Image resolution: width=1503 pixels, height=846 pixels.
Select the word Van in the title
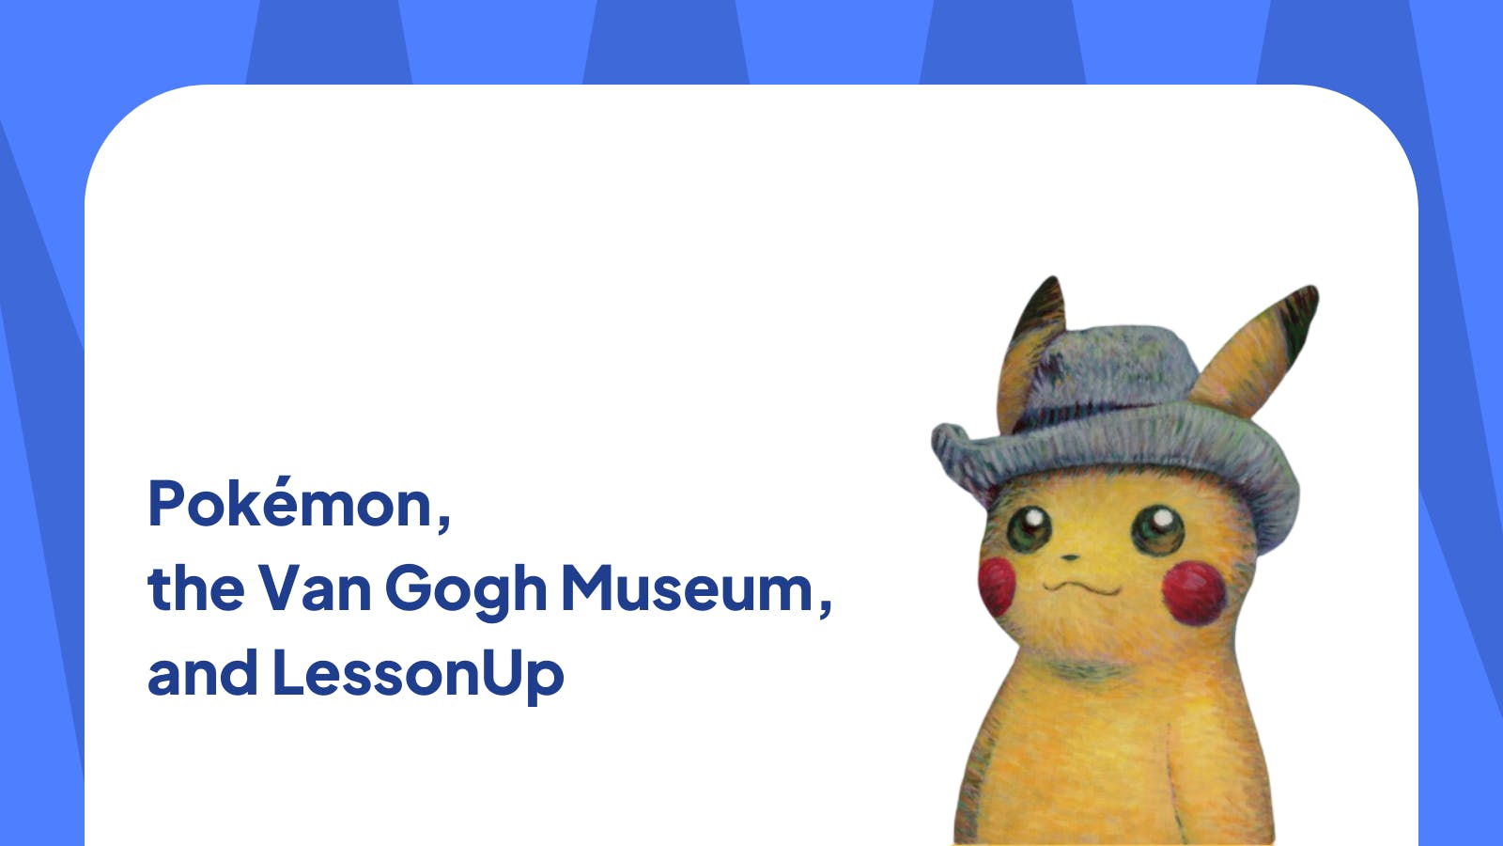point(314,588)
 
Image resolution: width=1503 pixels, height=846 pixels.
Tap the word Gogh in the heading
point(465,590)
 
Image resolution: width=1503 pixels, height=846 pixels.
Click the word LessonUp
point(418,675)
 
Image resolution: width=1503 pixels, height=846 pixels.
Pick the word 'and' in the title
point(202,673)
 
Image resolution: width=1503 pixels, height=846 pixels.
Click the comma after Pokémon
point(442,519)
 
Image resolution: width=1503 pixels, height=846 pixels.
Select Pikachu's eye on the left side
point(1030,526)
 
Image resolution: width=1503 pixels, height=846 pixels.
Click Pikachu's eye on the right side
point(1156,528)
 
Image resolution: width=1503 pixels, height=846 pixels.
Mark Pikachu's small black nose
point(1070,556)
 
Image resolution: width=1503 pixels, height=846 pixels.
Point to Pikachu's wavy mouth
point(1081,587)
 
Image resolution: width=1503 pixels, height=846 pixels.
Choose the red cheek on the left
point(997,585)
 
